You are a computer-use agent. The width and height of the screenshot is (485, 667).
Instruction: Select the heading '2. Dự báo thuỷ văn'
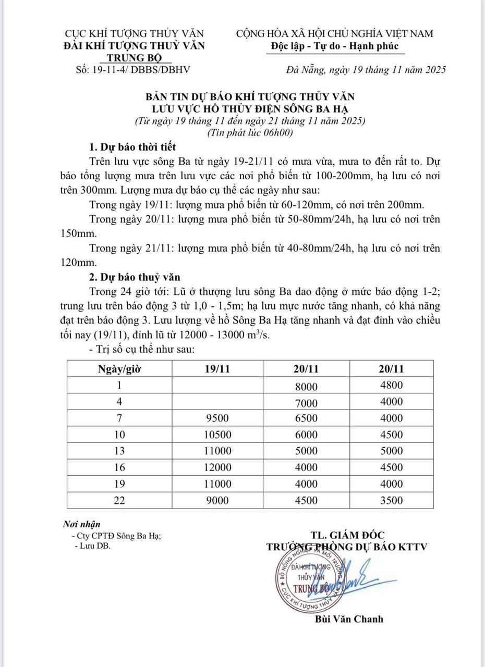point(135,276)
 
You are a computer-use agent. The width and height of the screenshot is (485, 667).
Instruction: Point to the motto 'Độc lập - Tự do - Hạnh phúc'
point(335,46)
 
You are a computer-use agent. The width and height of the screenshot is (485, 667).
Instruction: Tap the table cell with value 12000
point(217,467)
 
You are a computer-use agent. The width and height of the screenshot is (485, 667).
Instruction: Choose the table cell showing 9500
point(217,418)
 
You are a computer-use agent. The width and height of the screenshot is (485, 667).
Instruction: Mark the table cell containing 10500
point(217,435)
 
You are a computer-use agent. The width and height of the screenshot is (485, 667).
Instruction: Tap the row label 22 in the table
point(119,500)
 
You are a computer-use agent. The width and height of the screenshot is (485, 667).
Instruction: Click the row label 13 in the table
point(119,451)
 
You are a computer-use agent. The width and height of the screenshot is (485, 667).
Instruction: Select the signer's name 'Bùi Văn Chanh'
point(349,619)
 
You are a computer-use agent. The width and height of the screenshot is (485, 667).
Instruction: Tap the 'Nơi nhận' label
point(82,524)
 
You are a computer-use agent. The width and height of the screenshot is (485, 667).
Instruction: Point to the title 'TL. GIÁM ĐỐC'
point(347,535)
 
